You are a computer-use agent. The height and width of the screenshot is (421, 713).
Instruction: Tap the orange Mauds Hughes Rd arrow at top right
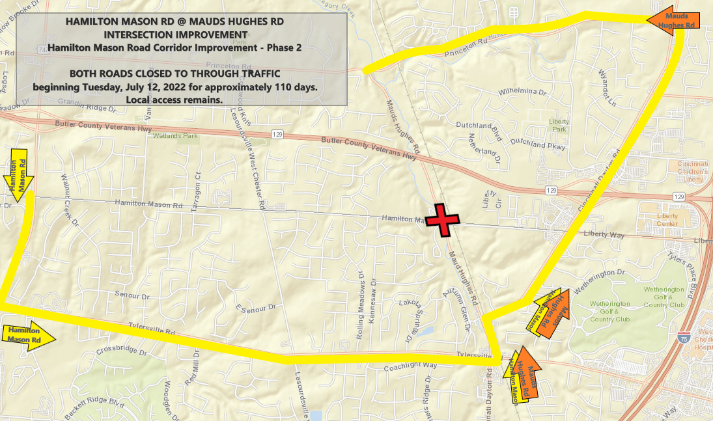pos(673,20)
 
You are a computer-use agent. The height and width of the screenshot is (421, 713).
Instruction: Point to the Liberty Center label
pos(667,220)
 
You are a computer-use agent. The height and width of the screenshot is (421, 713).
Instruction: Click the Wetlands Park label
pos(175,136)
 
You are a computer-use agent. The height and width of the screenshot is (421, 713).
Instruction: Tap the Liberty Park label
pos(559,125)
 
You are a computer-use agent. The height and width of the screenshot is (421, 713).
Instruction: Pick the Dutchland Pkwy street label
pos(538,144)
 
